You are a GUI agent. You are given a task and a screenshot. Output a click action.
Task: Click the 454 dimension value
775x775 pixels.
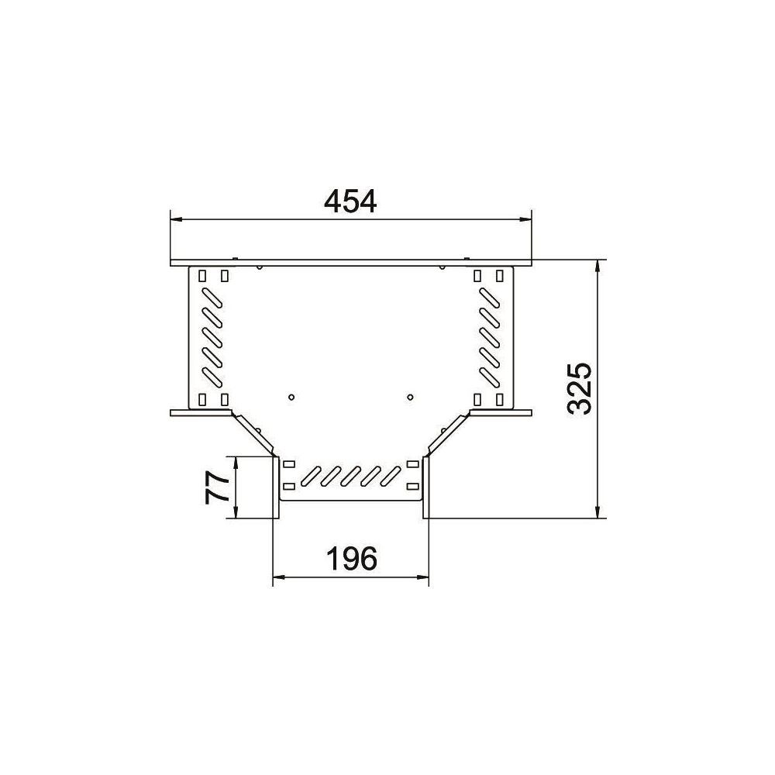[350, 200]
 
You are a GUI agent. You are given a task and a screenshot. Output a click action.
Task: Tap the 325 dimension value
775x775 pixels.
[579, 388]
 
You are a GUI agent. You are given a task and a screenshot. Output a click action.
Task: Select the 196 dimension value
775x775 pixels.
[352, 558]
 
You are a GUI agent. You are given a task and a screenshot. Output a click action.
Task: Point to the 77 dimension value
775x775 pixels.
[217, 487]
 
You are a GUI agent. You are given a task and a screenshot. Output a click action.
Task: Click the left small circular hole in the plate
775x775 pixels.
[291, 396]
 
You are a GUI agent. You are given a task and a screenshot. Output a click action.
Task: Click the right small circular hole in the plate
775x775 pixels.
[410, 396]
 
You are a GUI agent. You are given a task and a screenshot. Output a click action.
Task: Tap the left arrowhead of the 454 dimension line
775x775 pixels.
[177, 219]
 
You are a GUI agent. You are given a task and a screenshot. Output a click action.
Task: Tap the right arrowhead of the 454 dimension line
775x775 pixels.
[525, 219]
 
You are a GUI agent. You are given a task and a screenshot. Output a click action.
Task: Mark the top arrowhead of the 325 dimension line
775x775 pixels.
[598, 266]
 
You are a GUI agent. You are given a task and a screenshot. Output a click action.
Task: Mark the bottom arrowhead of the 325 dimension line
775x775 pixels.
[598, 511]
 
